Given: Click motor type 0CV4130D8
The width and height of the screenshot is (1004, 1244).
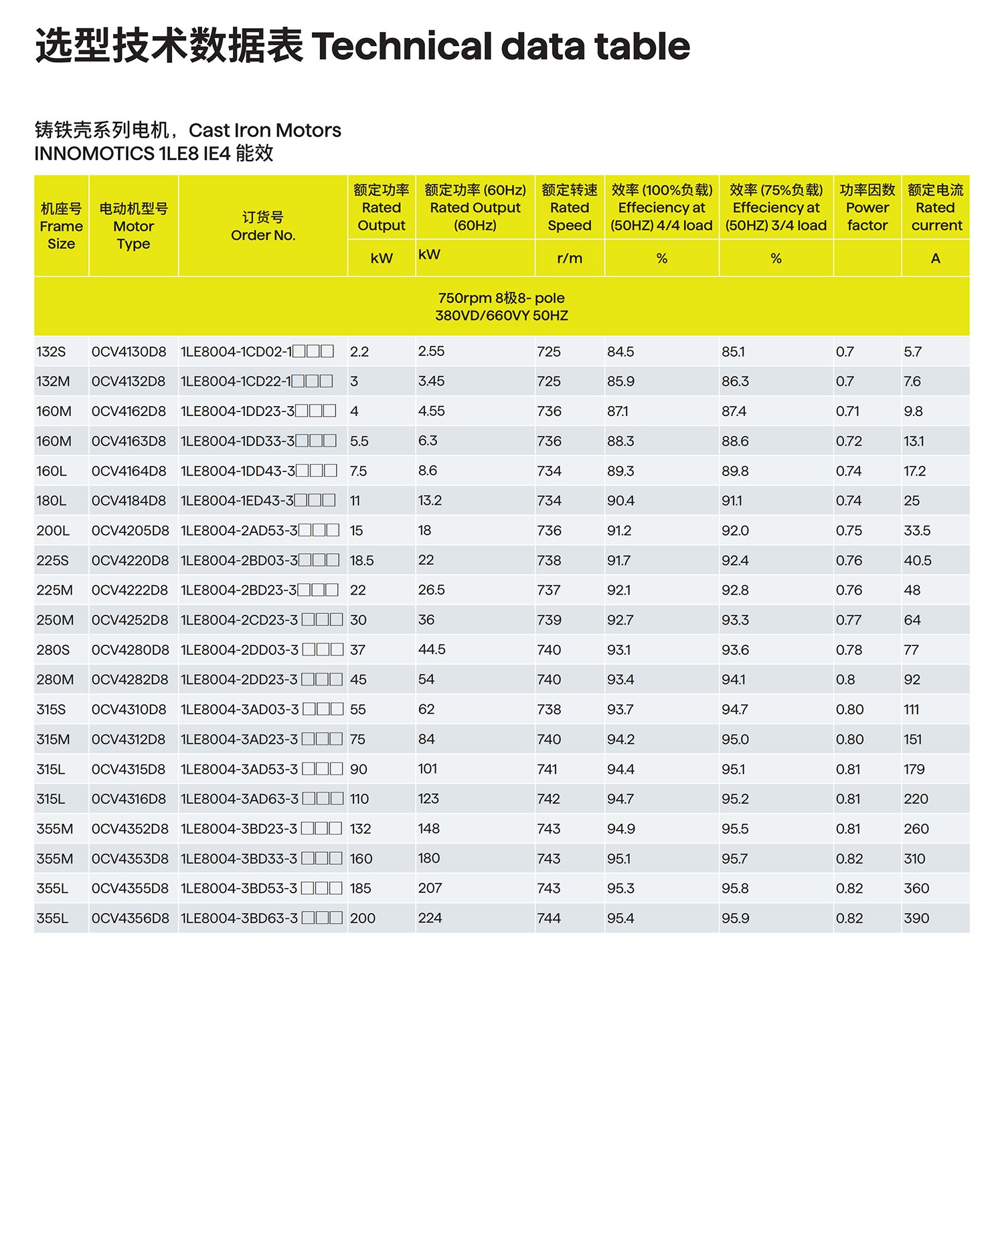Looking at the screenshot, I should [129, 352].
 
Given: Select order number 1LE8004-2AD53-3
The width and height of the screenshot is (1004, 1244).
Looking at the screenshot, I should [239, 531].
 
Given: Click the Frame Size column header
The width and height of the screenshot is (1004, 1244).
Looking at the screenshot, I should [61, 226].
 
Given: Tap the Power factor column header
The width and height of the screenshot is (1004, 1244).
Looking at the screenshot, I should [867, 208].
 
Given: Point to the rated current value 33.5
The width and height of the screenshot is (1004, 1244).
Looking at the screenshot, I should [917, 531].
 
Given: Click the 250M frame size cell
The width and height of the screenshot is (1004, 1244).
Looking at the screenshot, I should [55, 621].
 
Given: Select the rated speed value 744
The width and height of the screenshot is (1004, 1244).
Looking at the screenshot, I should [549, 919].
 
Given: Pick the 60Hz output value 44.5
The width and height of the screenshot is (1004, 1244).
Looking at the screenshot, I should [432, 650].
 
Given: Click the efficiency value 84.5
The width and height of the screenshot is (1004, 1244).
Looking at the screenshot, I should [620, 352].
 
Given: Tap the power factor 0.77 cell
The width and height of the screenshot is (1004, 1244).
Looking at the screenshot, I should [848, 621].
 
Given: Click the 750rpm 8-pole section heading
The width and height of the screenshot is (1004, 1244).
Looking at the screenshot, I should [501, 306].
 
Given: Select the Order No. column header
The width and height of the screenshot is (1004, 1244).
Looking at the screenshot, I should [263, 226].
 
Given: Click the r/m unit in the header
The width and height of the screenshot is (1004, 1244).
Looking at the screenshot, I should [570, 259].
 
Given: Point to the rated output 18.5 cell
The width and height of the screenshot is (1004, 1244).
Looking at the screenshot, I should [361, 561].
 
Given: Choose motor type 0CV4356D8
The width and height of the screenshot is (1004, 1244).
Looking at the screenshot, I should [130, 919].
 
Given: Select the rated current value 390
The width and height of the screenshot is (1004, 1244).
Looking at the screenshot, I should [916, 919].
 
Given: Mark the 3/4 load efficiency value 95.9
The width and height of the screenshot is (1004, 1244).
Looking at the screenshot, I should [735, 919].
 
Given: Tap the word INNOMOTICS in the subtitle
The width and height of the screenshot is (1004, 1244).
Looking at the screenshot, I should [94, 154].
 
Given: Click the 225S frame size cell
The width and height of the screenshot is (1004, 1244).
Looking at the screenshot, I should [52, 561].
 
